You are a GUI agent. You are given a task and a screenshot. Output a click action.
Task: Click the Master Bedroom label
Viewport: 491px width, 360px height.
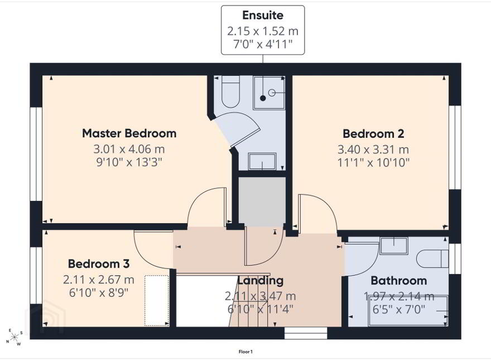[x=129, y=133]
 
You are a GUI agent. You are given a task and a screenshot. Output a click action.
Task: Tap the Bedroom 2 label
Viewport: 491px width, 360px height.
[x=373, y=134]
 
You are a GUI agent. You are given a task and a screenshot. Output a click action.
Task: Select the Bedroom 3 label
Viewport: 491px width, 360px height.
[x=99, y=264]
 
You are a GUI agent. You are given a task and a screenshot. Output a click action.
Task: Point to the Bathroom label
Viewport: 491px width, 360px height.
[x=398, y=280]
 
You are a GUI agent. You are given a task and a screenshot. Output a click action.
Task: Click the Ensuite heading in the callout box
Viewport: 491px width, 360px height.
[x=263, y=15]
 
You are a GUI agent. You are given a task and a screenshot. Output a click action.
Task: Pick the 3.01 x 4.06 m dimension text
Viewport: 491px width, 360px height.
[x=129, y=149]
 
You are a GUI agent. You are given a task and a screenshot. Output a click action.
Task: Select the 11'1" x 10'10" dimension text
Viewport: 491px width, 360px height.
[x=373, y=162]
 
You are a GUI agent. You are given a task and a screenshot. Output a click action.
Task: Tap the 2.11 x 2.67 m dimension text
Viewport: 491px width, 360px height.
[x=99, y=280]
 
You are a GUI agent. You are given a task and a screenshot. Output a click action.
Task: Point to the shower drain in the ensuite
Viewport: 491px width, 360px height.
[x=263, y=98]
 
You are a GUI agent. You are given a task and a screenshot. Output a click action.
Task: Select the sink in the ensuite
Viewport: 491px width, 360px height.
[x=262, y=161]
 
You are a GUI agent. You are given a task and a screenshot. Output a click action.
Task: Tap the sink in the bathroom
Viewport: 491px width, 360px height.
[x=393, y=246]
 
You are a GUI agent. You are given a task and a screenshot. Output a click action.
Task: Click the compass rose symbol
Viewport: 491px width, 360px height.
[x=14, y=337]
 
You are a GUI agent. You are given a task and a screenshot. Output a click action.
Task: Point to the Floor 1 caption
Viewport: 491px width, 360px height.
[x=246, y=352]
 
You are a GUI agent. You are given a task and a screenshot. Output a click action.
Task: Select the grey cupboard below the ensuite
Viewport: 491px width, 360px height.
[x=262, y=202]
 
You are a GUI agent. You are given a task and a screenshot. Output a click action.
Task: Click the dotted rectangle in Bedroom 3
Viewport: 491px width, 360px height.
[x=156, y=300]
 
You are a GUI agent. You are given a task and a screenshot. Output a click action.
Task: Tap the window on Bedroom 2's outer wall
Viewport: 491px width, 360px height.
[x=455, y=147]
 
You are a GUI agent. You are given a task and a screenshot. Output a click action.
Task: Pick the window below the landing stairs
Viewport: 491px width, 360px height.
[x=306, y=333]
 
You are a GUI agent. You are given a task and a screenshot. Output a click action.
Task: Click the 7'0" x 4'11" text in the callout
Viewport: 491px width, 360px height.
[x=263, y=44]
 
